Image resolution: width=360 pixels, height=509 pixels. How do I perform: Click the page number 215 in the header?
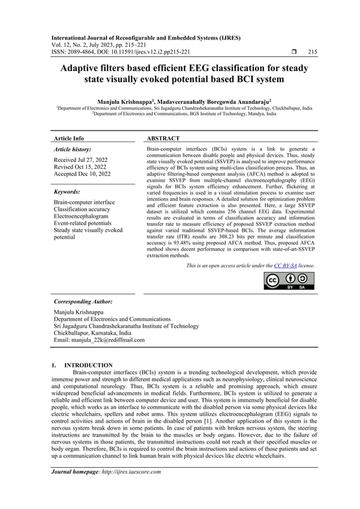(312, 52)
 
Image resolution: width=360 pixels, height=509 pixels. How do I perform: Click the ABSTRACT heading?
(163, 138)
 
